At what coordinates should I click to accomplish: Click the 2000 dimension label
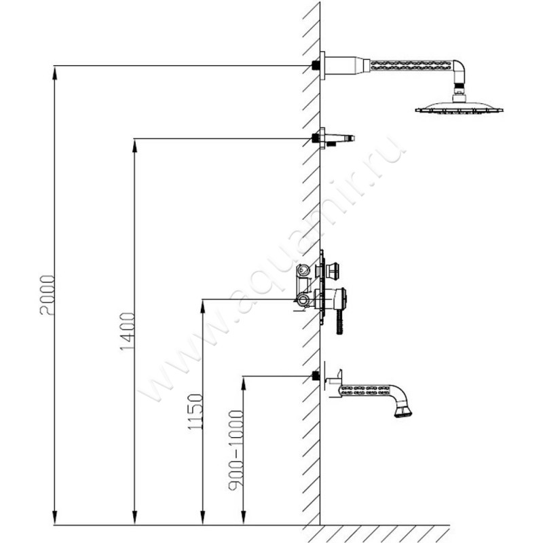tap(46, 295)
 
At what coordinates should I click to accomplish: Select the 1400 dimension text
tap(127, 332)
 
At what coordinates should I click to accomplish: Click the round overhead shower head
tap(460, 107)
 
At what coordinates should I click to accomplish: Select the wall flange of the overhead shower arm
tap(323, 65)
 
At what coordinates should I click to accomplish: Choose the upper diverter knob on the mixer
tap(333, 272)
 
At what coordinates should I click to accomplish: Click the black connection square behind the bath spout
tap(315, 375)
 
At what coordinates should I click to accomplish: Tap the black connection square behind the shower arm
tap(315, 65)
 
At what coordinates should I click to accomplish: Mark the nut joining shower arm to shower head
tap(460, 88)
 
